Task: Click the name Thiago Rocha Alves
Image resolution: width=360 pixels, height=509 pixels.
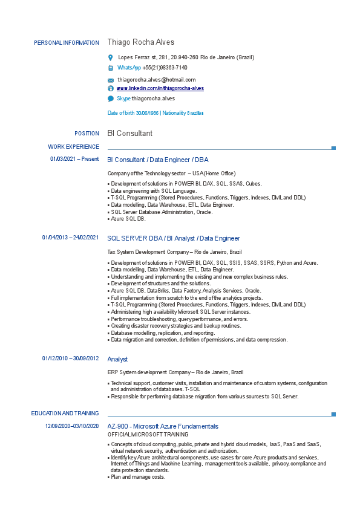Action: [140, 42]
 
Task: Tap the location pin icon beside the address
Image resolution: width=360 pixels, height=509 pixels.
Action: [110, 57]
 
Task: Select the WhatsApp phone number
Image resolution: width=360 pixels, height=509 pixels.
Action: [165, 68]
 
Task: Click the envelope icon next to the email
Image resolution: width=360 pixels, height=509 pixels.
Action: [111, 80]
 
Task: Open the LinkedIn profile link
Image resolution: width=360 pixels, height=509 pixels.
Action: [160, 88]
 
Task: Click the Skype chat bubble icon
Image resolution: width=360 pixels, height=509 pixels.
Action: [111, 98]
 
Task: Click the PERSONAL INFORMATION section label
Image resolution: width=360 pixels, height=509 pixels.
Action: [67, 43]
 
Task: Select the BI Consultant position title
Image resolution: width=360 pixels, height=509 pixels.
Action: [129, 133]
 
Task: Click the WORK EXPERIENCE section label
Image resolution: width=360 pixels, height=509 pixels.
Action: [73, 147]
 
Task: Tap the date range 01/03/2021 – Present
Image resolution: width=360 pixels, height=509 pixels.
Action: [74, 159]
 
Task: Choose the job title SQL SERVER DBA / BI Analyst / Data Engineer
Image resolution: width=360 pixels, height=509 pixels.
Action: [173, 238]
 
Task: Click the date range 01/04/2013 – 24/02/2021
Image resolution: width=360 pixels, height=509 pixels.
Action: [70, 238]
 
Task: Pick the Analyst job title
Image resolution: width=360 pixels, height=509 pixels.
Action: [117, 359]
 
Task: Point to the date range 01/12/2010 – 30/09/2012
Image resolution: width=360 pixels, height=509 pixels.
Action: [70, 358]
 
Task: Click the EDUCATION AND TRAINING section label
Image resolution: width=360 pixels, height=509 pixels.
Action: [65, 413]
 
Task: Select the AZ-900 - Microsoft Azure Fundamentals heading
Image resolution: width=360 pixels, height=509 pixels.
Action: [162, 426]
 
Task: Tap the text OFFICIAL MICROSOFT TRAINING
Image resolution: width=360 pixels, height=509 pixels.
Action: [148, 435]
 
